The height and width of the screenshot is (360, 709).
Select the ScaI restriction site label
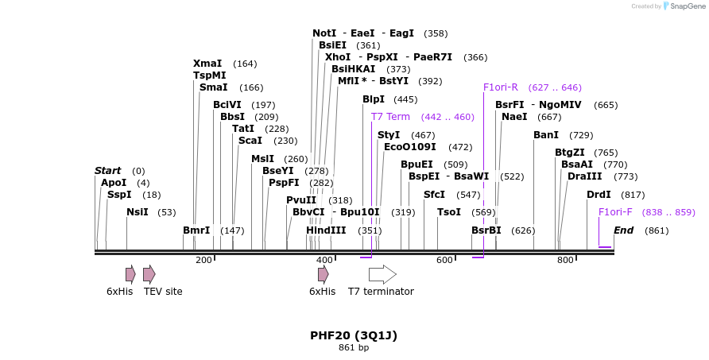(x=250, y=141)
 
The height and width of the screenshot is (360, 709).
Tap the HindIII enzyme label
(x=326, y=230)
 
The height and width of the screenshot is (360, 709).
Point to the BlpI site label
(x=373, y=99)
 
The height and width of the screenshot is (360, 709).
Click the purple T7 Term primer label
(x=390, y=117)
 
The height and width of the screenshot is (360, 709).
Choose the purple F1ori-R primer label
(x=501, y=87)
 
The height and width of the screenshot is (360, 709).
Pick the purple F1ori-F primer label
(x=615, y=212)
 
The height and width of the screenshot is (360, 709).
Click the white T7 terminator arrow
(x=382, y=274)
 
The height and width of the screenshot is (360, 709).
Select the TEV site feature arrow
(x=149, y=274)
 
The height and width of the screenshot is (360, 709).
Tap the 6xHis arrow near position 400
(x=323, y=274)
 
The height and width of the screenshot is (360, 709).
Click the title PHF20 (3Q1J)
(x=354, y=335)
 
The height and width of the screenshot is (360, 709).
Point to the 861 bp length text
(x=354, y=347)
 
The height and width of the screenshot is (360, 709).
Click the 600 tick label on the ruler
(x=444, y=260)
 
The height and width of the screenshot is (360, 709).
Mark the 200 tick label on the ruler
(x=203, y=260)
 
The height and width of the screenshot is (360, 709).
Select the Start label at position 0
(x=107, y=171)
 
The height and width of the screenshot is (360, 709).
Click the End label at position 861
(x=623, y=230)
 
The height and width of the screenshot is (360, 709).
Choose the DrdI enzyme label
(x=599, y=195)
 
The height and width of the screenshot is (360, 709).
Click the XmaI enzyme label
(x=208, y=64)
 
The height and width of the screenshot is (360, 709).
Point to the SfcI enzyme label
(x=434, y=194)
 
